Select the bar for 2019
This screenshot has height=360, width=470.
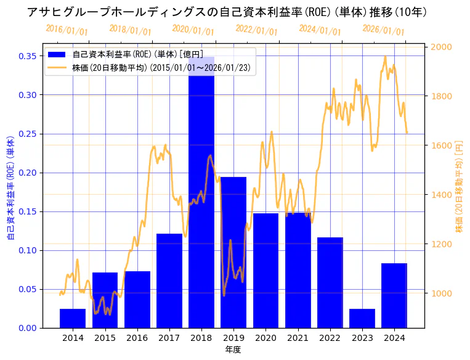pyautogui.click(x=233, y=253)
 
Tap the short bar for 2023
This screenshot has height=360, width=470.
pyautogui.click(x=362, y=318)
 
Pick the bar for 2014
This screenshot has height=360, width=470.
pyautogui.click(x=73, y=318)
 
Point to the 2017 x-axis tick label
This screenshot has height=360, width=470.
pyautogui.click(x=169, y=338)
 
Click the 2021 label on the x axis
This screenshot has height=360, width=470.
pyautogui.click(x=298, y=338)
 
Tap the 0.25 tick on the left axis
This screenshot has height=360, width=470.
pyautogui.click(x=27, y=134)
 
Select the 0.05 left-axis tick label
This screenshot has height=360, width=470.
pyautogui.click(x=27, y=289)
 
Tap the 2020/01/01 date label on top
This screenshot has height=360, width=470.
pyautogui.click(x=193, y=30)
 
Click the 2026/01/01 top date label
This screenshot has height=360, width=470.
pyautogui.click(x=383, y=30)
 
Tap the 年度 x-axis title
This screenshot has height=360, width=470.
pyautogui.click(x=233, y=350)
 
